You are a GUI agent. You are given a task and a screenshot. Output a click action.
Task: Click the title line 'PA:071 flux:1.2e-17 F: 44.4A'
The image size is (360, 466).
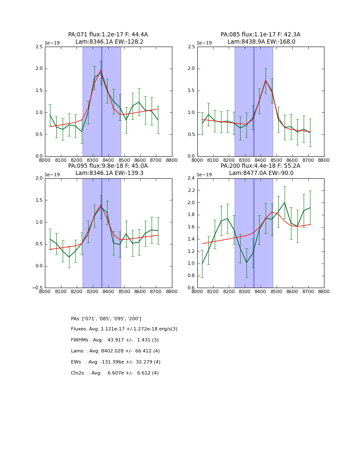pos(108,35)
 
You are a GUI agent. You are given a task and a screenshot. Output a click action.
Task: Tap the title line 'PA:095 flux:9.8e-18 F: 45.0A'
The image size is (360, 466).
pos(108,166)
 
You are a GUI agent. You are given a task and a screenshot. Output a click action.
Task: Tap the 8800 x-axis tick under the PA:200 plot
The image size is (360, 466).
pos(324,291)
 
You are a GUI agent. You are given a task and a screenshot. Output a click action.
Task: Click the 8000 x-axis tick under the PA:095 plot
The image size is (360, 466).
pos(45,291)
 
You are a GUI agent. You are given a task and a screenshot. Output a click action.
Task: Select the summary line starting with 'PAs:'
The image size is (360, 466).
pos(106,319)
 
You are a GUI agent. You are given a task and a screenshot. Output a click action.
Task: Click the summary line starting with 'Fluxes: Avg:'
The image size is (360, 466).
pos(124,329)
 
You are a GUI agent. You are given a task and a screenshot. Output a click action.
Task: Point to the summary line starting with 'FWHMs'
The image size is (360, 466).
pos(115,340)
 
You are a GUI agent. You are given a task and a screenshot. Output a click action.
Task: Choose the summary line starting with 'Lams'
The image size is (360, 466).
pos(115,351)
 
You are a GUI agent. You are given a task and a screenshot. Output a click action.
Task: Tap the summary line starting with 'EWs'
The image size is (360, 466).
pos(116,362)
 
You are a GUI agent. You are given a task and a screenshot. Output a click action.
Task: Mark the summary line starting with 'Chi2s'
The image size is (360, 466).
pos(115,373)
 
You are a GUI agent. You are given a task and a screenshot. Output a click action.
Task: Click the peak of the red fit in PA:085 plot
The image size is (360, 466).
pos(266,80)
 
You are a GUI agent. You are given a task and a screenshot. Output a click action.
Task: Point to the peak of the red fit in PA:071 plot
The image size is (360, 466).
pos(101,70)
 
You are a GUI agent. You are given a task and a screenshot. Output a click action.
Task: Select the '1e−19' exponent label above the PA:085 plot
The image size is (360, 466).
pos(205,43)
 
